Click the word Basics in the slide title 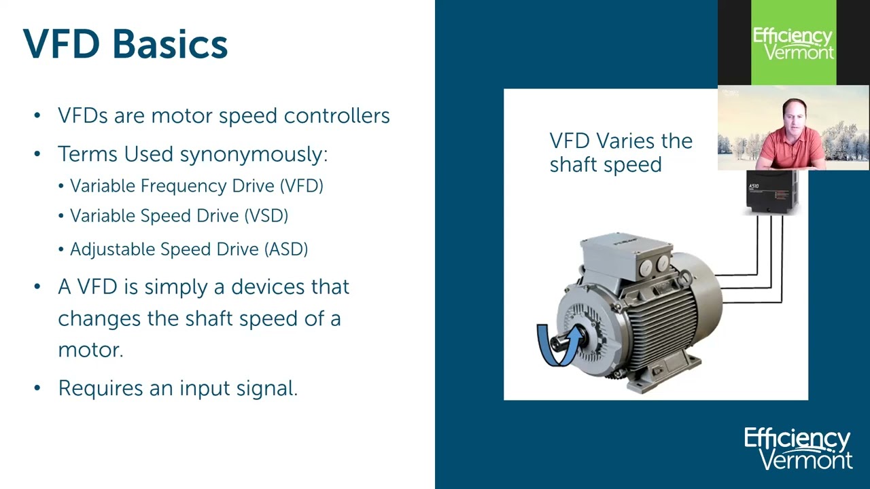[x=170, y=44]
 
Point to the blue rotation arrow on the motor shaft [x=559, y=344]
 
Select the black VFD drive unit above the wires [x=771, y=192]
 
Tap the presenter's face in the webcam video [x=794, y=120]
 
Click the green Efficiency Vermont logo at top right [x=793, y=43]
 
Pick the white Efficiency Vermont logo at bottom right [x=798, y=448]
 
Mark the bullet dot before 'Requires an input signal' [x=37, y=388]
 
